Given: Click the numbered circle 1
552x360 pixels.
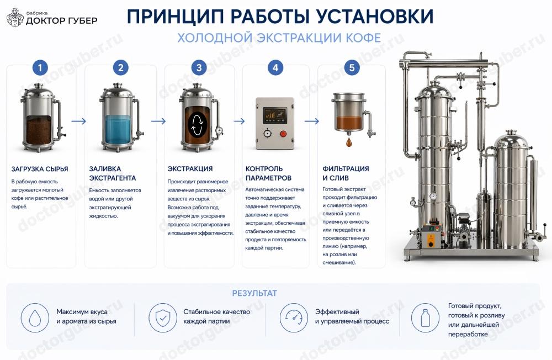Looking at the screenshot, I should [x=40, y=68].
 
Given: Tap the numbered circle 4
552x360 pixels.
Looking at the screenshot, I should [x=275, y=68].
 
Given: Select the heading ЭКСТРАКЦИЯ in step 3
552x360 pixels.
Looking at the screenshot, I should [x=190, y=169].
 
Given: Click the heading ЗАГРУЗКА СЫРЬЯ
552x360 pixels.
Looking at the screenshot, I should [x=40, y=169].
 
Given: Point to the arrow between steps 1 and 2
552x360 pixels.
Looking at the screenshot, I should [x=79, y=121].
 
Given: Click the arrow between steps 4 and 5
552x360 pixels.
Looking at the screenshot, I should [x=312, y=121].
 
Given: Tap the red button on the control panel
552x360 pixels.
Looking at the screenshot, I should [x=284, y=133].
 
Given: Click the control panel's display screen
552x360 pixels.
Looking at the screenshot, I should [x=275, y=114].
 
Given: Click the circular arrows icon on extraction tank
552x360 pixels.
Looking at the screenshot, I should [x=198, y=122].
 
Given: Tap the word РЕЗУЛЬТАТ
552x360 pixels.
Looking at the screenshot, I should [x=254, y=293].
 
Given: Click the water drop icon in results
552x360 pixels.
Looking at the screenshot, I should [x=35, y=318].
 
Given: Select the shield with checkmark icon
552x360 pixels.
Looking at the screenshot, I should [x=163, y=318].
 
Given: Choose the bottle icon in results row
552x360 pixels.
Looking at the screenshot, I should [x=426, y=318].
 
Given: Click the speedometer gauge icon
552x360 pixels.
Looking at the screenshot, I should [x=293, y=318].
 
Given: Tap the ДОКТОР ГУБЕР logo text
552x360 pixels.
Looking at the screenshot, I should [x=61, y=20].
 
